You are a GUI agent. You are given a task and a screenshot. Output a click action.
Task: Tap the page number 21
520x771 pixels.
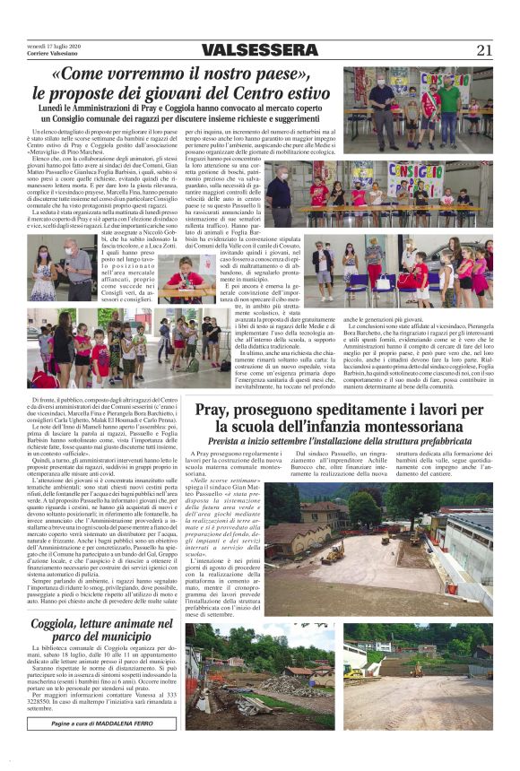485,49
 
